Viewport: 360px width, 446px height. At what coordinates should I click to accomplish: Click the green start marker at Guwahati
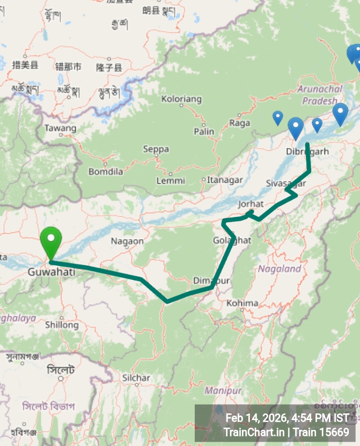click(51, 242)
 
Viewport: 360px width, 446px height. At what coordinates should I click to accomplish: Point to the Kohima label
click(242, 303)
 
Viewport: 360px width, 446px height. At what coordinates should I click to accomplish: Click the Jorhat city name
click(251, 204)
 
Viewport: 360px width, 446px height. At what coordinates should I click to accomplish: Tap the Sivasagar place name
click(286, 183)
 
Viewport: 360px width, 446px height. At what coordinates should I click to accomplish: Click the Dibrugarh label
click(307, 151)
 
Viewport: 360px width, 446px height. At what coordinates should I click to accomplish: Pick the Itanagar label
click(225, 180)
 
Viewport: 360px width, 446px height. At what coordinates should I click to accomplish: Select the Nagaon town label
click(127, 241)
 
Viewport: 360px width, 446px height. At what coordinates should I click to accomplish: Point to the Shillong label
click(61, 324)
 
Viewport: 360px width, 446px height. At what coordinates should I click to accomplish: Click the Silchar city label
click(136, 378)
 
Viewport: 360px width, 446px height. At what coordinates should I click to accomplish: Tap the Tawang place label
click(60, 128)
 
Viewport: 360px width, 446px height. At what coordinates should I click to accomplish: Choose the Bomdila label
click(106, 171)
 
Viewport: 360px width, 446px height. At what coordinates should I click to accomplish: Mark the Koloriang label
click(182, 99)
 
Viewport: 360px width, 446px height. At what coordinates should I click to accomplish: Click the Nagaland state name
click(279, 269)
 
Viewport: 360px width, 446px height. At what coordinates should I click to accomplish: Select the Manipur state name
click(223, 390)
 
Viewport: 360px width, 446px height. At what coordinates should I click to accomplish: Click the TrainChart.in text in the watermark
click(255, 432)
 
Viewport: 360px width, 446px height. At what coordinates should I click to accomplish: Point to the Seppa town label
click(156, 149)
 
